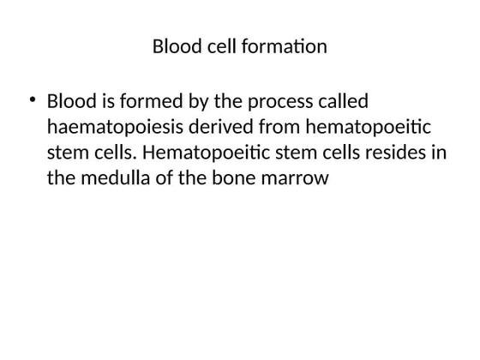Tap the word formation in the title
click(285, 46)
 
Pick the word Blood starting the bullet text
click(73, 102)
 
